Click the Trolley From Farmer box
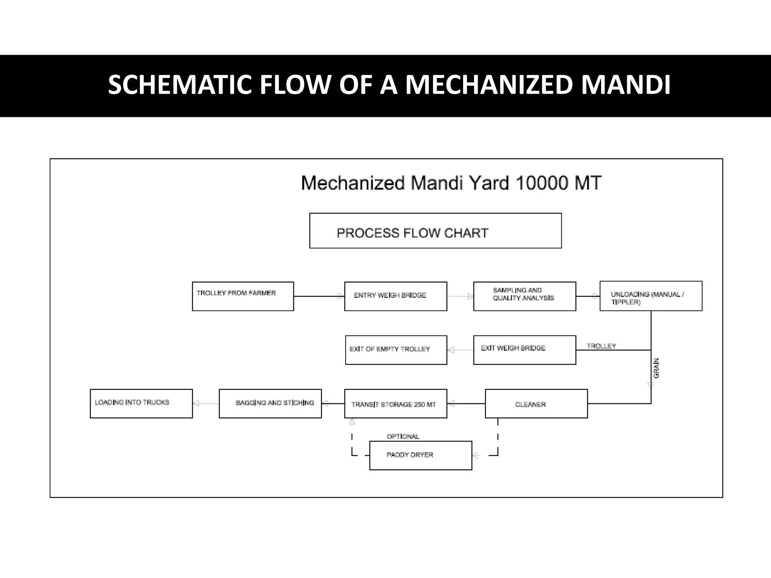(243, 296)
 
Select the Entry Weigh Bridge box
(396, 296)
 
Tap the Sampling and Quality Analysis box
(524, 296)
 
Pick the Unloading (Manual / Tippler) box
(651, 296)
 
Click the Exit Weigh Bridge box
(524, 350)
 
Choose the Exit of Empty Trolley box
(396, 350)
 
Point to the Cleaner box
(536, 404)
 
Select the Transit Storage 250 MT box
(396, 404)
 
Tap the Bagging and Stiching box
(270, 404)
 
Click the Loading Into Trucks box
(141, 404)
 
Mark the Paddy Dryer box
(421, 455)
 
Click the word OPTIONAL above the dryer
(403, 437)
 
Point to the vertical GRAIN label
(656, 368)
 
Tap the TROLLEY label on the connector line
(601, 346)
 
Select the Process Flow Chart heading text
(412, 233)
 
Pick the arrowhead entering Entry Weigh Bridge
(341, 297)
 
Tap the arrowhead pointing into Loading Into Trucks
(196, 404)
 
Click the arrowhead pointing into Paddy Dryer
(476, 456)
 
